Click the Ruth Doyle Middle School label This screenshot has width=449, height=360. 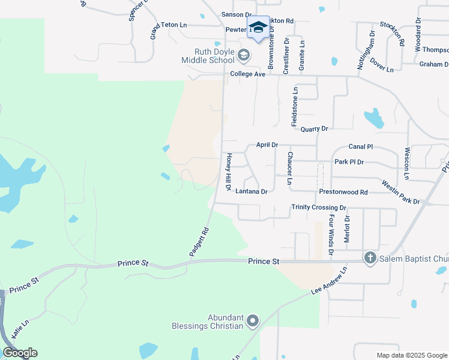(x=210, y=56)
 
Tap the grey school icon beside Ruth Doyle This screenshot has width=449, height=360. (x=243, y=56)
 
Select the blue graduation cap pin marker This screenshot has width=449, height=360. (x=258, y=28)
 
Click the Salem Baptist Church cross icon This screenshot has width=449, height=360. (x=370, y=258)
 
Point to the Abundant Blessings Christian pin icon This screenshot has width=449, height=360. (x=253, y=322)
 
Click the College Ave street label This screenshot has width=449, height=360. (x=247, y=74)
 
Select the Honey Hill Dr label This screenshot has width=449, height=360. (x=229, y=172)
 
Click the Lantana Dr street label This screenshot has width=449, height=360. (x=251, y=192)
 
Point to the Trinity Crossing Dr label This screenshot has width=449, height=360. (x=319, y=208)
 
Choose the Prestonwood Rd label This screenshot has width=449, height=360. (x=343, y=192)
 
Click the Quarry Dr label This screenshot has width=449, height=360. (x=314, y=129)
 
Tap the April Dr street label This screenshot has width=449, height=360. (x=267, y=145)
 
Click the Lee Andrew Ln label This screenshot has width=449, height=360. (x=330, y=281)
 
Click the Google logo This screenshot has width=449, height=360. (x=20, y=353)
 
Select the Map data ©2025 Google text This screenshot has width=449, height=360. (x=411, y=355)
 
